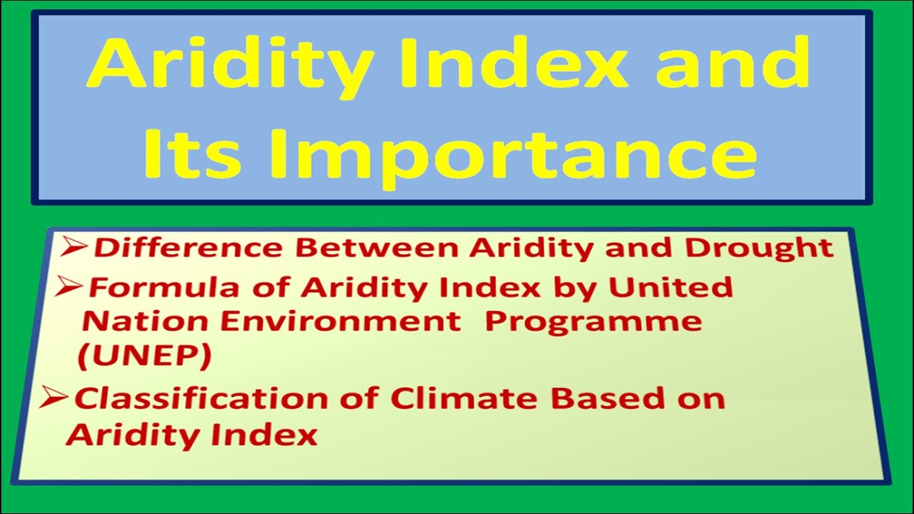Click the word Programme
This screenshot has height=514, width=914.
[x=593, y=323]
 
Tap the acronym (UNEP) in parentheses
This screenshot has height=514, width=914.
[x=144, y=356]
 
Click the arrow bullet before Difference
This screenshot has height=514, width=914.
[x=74, y=247]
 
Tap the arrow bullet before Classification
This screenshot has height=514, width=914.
[x=55, y=398]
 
